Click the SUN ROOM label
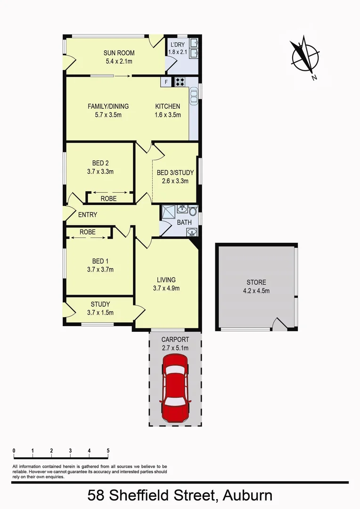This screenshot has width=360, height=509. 119,53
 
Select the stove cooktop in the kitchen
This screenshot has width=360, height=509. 180,82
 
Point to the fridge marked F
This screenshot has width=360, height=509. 166,82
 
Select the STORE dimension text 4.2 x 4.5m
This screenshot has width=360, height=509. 256,291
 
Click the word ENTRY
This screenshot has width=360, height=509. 88,215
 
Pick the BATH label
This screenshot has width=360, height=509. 184,222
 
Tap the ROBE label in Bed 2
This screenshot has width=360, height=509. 108,199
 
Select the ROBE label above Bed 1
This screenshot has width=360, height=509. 88,232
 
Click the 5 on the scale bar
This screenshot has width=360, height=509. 108,451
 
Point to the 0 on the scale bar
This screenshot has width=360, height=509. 14,451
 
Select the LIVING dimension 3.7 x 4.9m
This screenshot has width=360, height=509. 166,288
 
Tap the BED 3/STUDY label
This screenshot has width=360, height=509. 175,173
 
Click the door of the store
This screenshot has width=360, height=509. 279,324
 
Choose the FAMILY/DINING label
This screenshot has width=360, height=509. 108,107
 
